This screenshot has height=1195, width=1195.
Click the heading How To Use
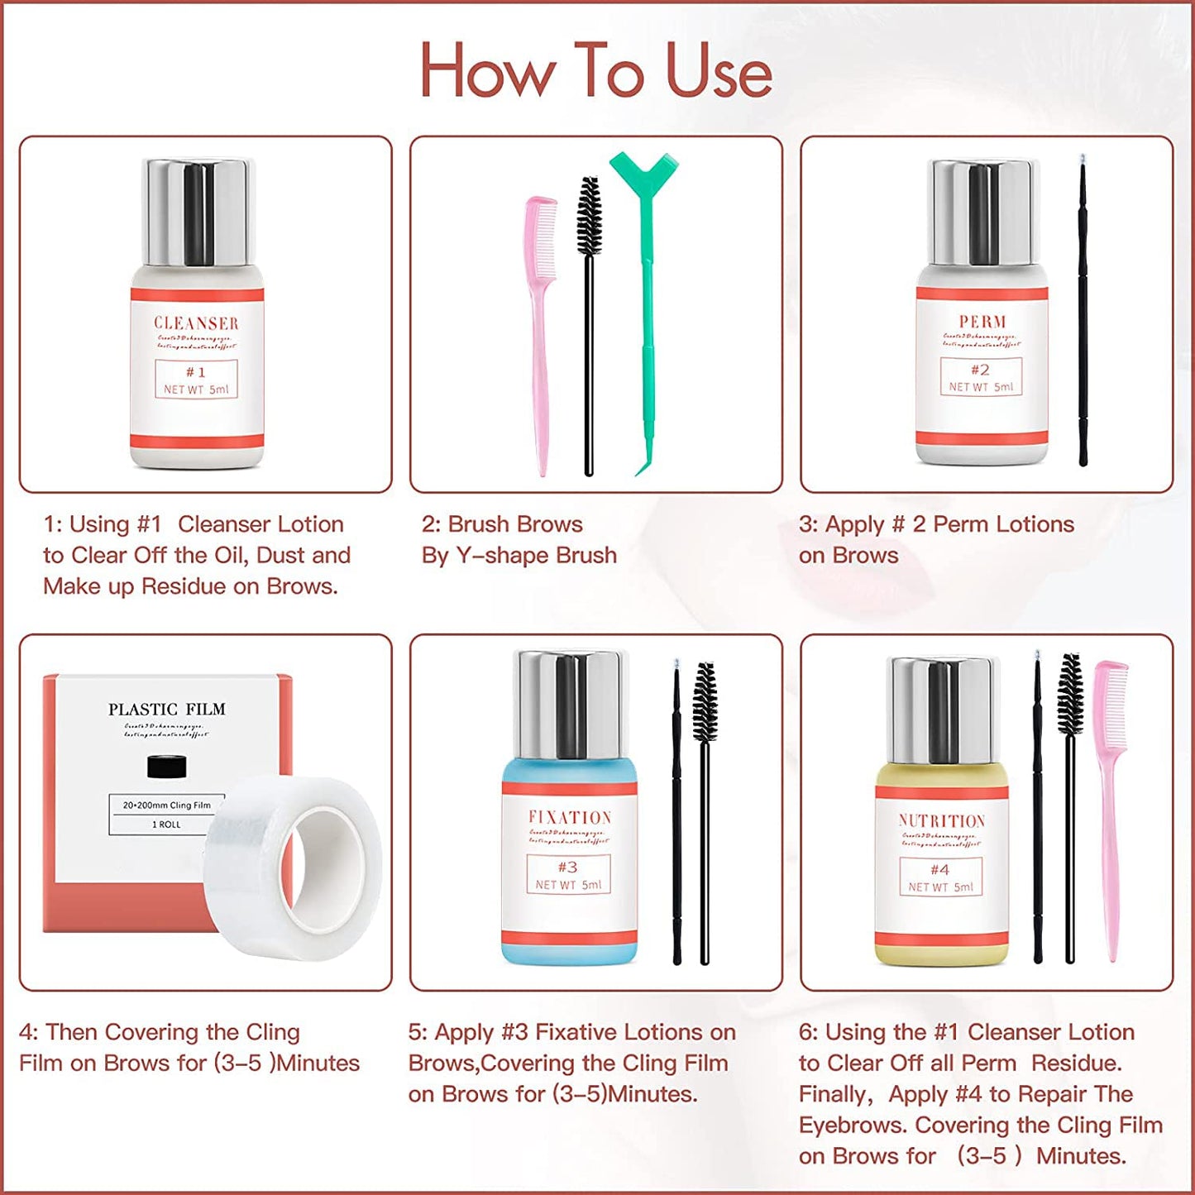595,71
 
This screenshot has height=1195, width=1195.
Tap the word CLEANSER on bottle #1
196,323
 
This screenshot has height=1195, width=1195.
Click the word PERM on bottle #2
982,322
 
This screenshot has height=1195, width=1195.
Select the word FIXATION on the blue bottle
570,818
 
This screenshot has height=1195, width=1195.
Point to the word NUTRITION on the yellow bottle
942,821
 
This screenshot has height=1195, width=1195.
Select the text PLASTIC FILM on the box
167,710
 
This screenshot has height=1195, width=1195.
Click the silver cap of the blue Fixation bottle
570,703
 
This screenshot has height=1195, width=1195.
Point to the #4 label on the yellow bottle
939,870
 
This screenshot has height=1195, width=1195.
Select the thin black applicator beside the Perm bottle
1083,314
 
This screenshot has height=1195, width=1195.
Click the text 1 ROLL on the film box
166,825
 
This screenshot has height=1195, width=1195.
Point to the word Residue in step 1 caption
184,586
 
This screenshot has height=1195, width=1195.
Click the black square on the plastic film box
166,767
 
